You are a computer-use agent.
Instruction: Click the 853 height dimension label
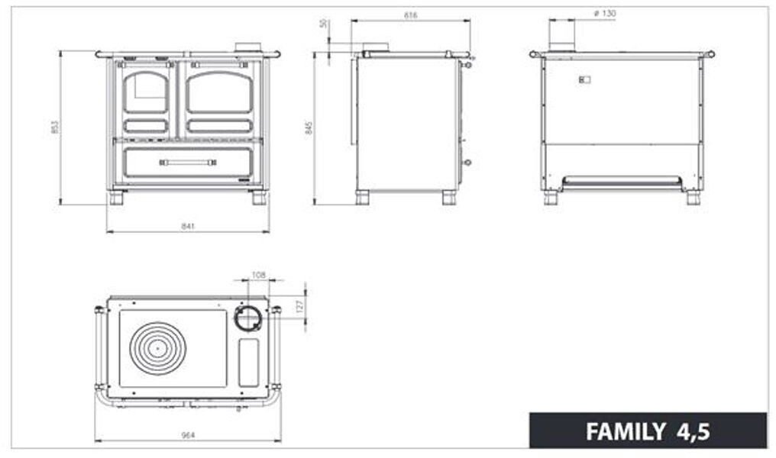pos(54,127)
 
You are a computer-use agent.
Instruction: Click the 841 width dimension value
pos(189,227)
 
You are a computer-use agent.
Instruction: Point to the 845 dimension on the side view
pos(309,127)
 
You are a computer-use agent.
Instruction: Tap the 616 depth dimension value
pos(411,15)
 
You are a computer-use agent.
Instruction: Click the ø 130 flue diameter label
pos(604,14)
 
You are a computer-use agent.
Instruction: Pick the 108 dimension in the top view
pos(258,274)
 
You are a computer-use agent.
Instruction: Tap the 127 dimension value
pos(300,305)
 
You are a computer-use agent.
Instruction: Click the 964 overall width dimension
pos(188,435)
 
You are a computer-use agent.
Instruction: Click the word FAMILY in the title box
pos(625,432)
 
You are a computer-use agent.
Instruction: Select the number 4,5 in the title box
pos(692,432)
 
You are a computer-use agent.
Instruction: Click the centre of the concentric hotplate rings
pos(157,348)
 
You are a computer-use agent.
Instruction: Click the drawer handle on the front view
pos(188,162)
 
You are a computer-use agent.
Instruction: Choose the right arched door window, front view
pos(220,93)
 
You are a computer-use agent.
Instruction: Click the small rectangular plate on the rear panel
pos(585,79)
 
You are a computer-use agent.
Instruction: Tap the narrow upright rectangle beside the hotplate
pos(249,362)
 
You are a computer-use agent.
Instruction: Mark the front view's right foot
pos(259,198)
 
